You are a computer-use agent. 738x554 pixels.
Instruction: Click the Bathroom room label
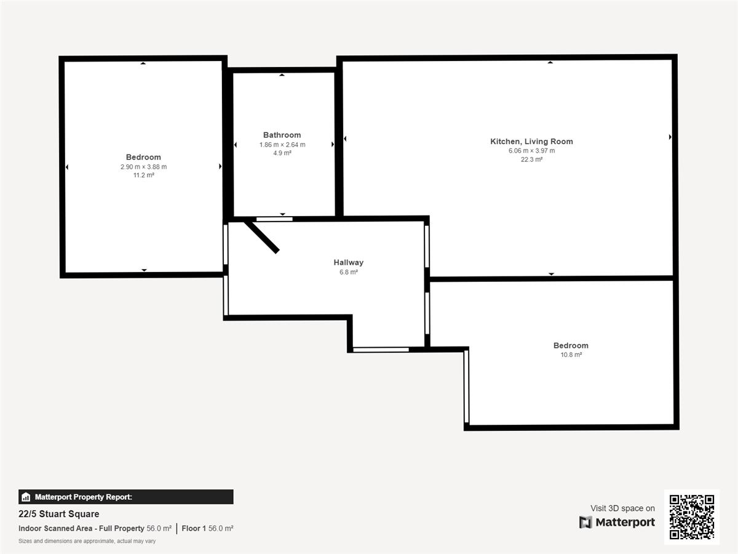pyautogui.click(x=282, y=135)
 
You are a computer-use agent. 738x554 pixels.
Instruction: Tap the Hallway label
pyautogui.click(x=348, y=262)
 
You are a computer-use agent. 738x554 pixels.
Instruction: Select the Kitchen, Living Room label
pyautogui.click(x=531, y=142)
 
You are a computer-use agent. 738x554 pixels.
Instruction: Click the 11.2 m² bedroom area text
pyautogui.click(x=143, y=175)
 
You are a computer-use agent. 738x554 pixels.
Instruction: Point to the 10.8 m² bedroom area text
pyautogui.click(x=571, y=355)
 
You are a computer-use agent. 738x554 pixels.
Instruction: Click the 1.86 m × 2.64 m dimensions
pyautogui.click(x=282, y=145)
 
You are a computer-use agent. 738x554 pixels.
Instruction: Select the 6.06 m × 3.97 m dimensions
pyautogui.click(x=531, y=151)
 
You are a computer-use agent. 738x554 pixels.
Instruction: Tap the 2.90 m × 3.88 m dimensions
pyautogui.click(x=143, y=167)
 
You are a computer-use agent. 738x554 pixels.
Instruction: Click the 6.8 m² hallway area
pyautogui.click(x=348, y=272)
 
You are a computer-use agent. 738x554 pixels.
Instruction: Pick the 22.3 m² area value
pyautogui.click(x=531, y=159)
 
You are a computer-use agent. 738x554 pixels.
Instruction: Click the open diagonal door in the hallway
pyautogui.click(x=261, y=237)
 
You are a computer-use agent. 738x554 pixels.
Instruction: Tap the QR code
pyautogui.click(x=692, y=516)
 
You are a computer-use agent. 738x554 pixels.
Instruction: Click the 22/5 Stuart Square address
pyautogui.click(x=59, y=514)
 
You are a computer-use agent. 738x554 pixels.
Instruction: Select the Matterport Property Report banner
pyautogui.click(x=125, y=497)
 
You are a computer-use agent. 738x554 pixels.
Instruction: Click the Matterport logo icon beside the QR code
pyautogui.click(x=585, y=522)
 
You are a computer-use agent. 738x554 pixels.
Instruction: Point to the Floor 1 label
pyautogui.click(x=194, y=528)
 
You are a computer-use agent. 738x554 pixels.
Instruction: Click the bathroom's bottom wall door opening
pyautogui.click(x=274, y=219)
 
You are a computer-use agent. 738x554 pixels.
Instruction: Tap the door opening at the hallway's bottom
pyautogui.click(x=381, y=350)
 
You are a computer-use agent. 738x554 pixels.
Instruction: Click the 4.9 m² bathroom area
pyautogui.click(x=282, y=153)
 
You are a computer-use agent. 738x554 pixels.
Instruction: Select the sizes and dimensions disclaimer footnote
pyautogui.click(x=87, y=541)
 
